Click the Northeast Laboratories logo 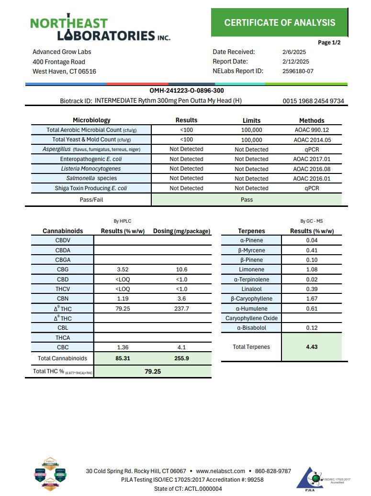point(100,28)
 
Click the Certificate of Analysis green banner point(280,22)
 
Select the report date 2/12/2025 point(295,61)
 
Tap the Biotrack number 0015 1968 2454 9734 point(313,101)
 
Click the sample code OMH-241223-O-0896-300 point(187,90)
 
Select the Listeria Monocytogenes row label point(91,169)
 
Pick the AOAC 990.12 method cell point(312,130)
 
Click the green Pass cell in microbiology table point(247,199)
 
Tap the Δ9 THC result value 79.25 point(124,309)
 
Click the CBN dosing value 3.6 point(182,299)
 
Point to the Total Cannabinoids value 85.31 point(124,358)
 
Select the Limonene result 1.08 point(312,270)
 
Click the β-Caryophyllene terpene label point(251,299)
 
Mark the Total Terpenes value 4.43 point(312,347)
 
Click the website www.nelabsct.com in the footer point(220,471)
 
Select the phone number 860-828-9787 point(272,471)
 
